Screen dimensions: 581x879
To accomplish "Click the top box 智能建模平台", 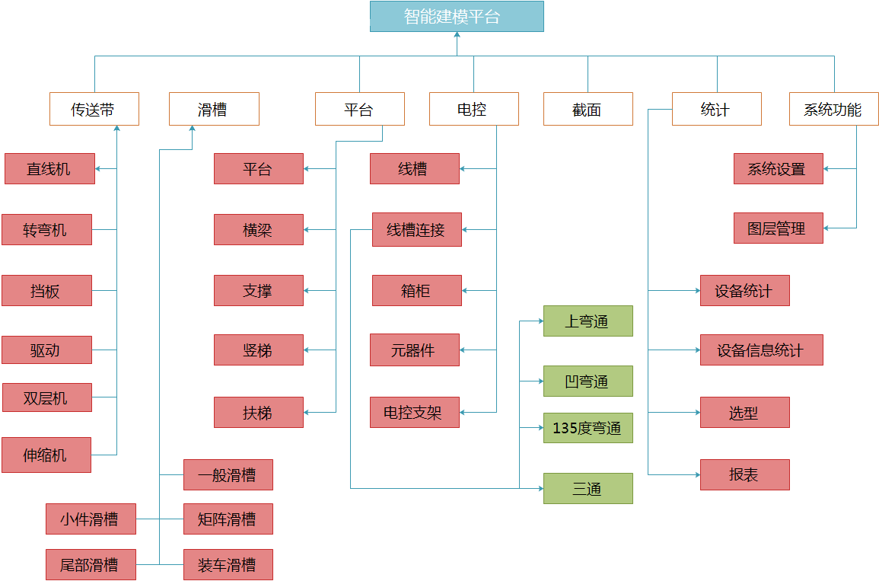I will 457,16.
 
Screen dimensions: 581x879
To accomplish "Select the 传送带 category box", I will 94,109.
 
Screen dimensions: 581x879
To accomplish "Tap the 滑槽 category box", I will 213,109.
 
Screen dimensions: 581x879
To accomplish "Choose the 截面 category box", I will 588,109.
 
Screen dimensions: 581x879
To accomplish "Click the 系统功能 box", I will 833,109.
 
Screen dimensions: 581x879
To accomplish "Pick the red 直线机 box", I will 49,168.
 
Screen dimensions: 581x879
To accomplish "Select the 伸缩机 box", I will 46,455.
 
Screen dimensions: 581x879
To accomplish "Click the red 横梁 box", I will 258,229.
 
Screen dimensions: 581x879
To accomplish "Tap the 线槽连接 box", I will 416,229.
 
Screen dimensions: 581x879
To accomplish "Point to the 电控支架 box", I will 414,412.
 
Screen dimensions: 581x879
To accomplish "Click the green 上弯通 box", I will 588,321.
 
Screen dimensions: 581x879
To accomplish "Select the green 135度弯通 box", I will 588,427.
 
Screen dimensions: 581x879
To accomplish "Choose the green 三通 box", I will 588,488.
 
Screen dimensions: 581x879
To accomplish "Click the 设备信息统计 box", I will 761,350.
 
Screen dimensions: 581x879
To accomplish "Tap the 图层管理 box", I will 778,228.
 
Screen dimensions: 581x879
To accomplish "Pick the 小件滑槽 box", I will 91,519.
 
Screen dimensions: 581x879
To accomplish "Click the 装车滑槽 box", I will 228,564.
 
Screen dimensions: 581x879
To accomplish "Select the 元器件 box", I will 414,350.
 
